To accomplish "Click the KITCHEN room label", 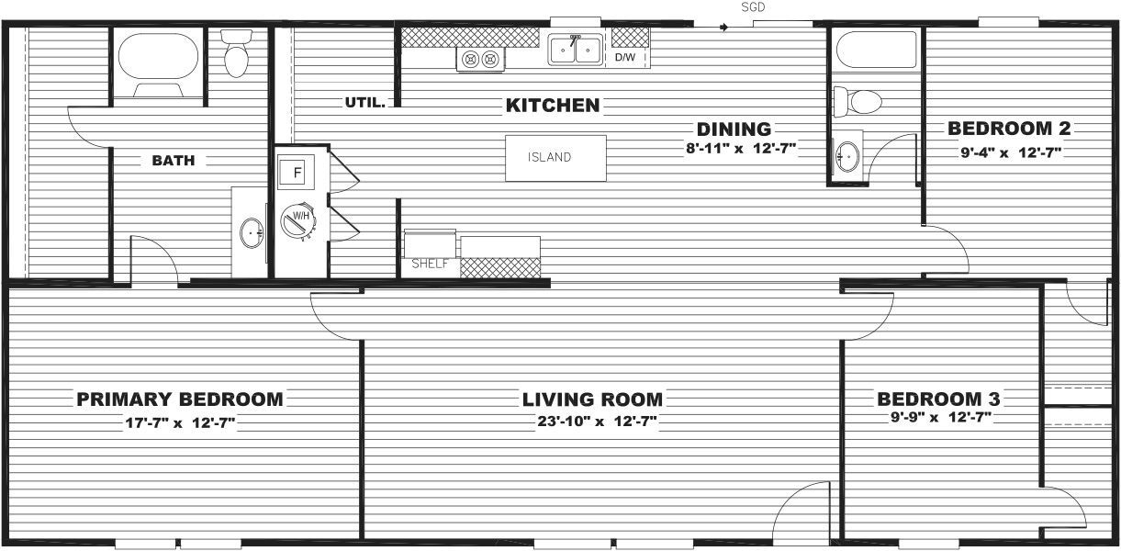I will click(x=553, y=106).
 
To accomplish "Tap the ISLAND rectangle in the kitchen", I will click(x=555, y=157).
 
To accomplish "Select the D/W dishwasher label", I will click(x=624, y=57).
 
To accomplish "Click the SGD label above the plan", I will click(x=753, y=7).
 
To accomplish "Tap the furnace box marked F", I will click(x=297, y=172).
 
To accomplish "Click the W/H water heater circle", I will click(x=297, y=219).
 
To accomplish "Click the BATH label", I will click(x=174, y=161).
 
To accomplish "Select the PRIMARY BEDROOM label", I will click(x=180, y=399).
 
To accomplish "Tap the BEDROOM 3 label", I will click(x=938, y=399).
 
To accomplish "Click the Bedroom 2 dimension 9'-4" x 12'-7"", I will click(x=1011, y=152).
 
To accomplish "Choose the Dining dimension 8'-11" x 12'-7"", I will click(x=740, y=149).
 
